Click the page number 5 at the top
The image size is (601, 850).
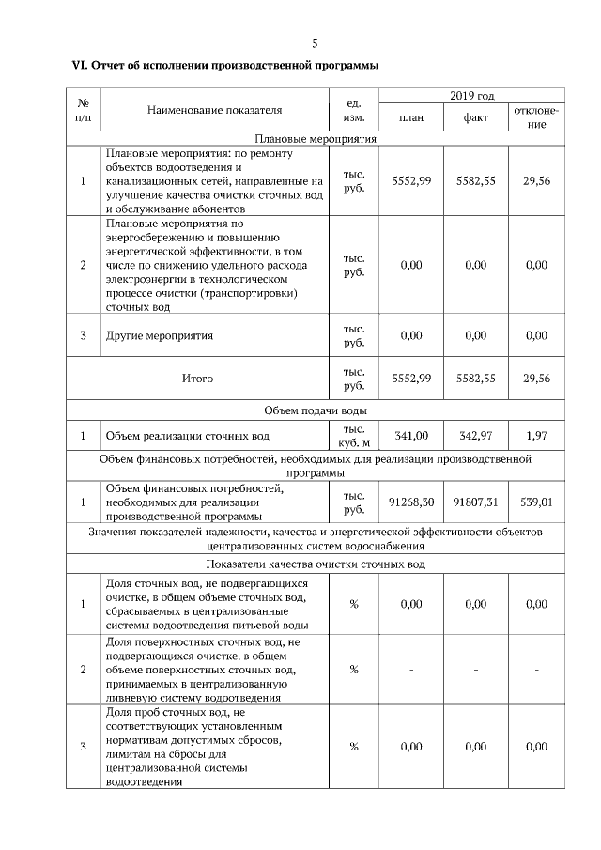coord(316,43)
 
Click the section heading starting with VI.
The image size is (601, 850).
coord(225,66)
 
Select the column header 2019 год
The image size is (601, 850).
coord(471,96)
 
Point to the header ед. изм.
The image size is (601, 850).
coord(354,111)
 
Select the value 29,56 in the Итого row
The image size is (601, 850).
coord(536,379)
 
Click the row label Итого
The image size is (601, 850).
coord(197,379)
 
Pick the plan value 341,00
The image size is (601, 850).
coord(410,436)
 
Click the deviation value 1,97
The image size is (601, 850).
coord(536,436)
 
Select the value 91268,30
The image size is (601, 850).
coord(410,502)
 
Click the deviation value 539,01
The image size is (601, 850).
coord(536,502)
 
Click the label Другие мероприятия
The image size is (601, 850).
coord(160,335)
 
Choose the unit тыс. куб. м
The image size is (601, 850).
coord(354,436)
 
